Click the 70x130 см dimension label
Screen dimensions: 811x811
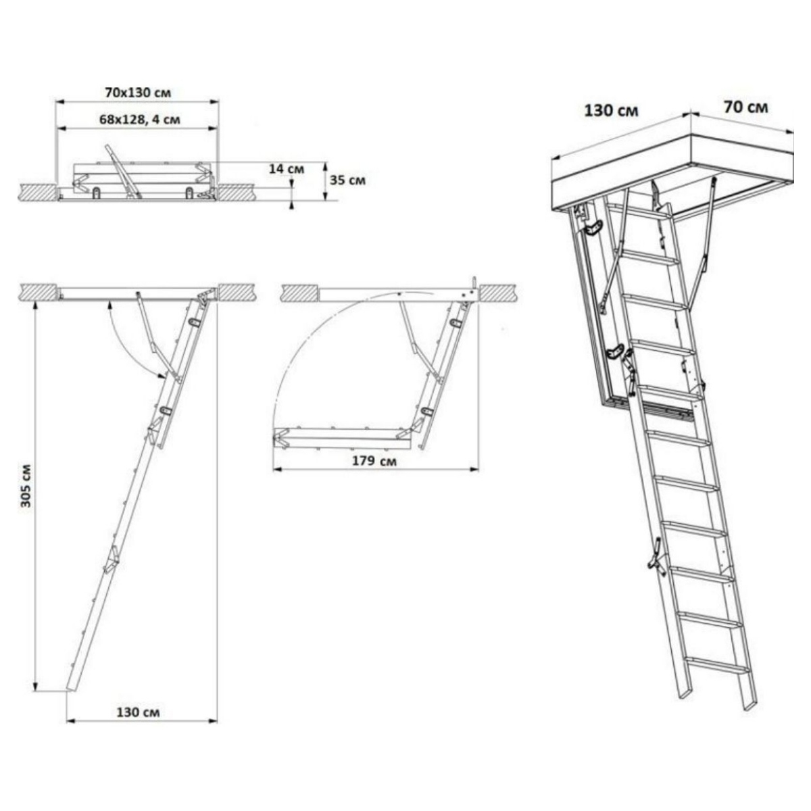[138, 93]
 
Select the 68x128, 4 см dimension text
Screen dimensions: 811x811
[140, 119]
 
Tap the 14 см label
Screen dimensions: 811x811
[286, 169]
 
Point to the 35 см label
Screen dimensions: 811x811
[347, 180]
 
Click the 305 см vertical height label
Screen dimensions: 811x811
[26, 486]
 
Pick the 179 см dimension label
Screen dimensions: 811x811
[374, 460]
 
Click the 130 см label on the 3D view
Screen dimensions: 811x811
[611, 111]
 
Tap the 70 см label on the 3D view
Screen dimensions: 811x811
[745, 107]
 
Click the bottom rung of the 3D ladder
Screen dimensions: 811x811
[718, 670]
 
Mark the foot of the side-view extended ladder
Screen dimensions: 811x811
[71, 689]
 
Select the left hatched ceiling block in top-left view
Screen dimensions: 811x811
[38, 193]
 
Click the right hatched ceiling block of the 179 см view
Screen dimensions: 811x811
[498, 293]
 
